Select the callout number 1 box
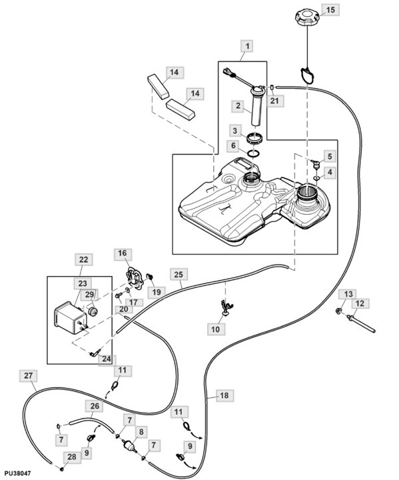(247, 47)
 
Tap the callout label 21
(274, 101)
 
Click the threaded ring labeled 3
(254, 139)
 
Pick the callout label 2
(238, 106)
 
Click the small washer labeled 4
(316, 177)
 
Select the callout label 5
(330, 157)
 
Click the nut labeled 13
(339, 312)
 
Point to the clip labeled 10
(226, 307)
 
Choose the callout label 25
(179, 274)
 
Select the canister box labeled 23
(70, 318)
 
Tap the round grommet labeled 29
(93, 312)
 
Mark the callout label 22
(83, 259)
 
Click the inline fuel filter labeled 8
(130, 445)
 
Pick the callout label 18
(224, 395)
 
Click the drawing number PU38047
(17, 473)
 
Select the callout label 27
(28, 375)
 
